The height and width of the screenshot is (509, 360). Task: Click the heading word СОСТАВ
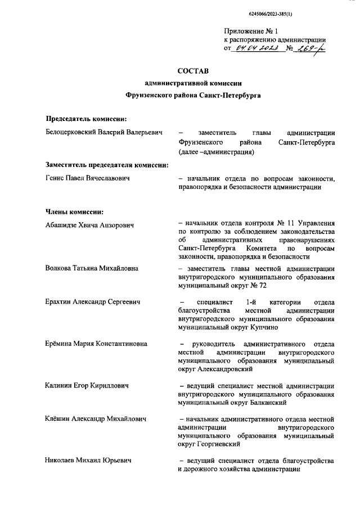click(192, 71)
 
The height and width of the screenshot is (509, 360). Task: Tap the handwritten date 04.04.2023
click(256, 48)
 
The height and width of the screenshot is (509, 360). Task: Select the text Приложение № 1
click(251, 30)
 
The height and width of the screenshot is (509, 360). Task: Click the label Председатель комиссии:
click(85, 118)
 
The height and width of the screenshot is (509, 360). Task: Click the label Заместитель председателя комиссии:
click(107, 165)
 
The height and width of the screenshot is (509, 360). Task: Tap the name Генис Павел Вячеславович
click(88, 178)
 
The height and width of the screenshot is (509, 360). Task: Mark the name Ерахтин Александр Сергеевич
click(93, 302)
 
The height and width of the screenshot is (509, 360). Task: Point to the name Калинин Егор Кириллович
click(87, 386)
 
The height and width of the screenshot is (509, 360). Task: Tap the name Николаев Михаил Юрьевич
click(88, 461)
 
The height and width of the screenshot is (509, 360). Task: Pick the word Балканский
click(268, 403)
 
